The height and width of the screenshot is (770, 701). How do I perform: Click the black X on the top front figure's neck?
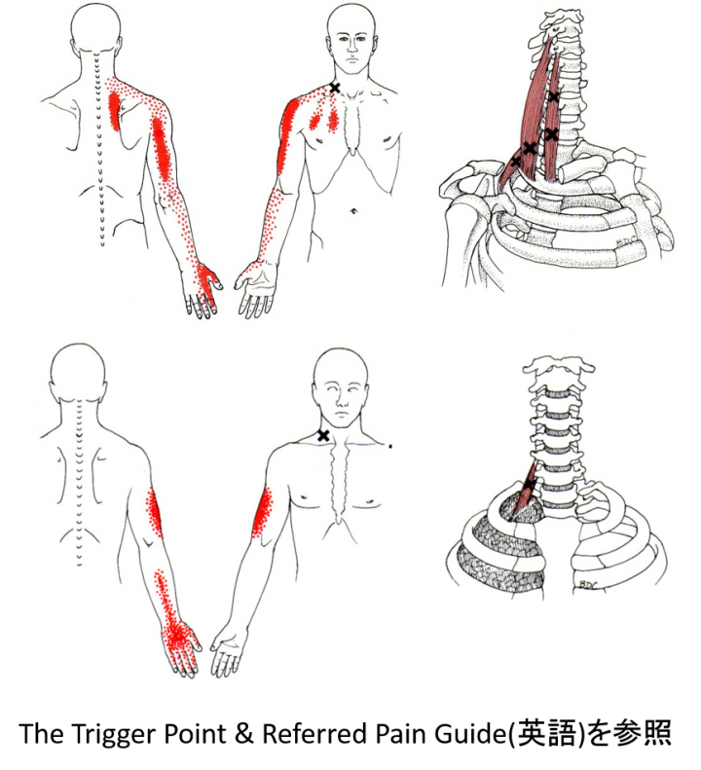334,88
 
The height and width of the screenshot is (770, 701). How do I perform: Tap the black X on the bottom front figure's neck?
323,435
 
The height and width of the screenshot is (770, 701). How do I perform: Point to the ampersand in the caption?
243,733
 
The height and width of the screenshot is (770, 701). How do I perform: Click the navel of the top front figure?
352,211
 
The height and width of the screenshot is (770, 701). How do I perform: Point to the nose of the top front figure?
351,48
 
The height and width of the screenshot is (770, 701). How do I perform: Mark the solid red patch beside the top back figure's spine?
114,111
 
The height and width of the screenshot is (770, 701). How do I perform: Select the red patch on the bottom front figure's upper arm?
263,512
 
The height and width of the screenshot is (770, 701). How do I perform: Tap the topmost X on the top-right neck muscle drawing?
554,97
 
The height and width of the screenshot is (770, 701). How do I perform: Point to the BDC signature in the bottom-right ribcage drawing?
586,584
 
